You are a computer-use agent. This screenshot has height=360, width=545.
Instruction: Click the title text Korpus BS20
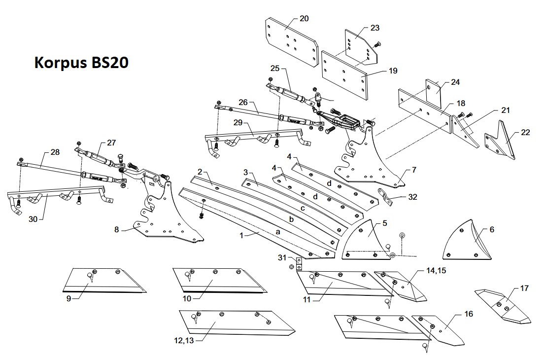(81, 63)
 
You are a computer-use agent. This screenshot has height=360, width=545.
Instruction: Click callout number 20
(304, 18)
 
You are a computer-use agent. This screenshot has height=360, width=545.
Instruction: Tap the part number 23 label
(375, 28)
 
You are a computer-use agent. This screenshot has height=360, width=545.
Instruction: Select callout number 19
(393, 71)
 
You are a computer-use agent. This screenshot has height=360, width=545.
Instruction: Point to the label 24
(455, 82)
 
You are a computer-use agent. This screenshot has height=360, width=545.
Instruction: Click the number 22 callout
(525, 133)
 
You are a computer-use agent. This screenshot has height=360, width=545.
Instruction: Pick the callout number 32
(412, 197)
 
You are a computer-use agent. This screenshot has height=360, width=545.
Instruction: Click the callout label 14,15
(436, 271)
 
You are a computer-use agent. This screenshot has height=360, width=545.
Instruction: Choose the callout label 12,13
(184, 341)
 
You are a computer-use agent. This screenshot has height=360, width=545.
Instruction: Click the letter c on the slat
(303, 208)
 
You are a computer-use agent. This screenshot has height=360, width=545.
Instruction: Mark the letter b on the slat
(291, 219)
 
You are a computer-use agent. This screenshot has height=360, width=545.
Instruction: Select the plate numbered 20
(292, 42)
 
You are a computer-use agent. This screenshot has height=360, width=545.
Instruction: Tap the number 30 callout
(33, 219)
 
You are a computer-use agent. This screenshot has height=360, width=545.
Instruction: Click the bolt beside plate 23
(377, 45)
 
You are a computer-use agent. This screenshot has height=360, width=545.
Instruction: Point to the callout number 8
(116, 230)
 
